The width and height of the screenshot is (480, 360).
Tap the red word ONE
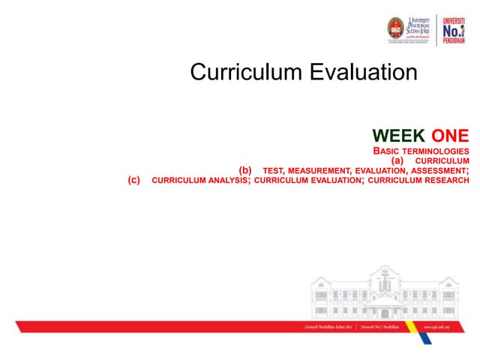pyautogui.click(x=450, y=136)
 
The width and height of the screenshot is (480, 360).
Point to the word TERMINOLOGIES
pyautogui.click(x=435, y=151)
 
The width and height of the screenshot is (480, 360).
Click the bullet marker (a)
pyautogui.click(x=397, y=160)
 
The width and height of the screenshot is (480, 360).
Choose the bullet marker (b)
pyautogui.click(x=245, y=169)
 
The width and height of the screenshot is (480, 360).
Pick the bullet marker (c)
pyautogui.click(x=134, y=179)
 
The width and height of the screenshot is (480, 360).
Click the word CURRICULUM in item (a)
pyautogui.click(x=442, y=160)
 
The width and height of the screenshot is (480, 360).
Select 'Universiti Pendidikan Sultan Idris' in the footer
pyautogui.click(x=329, y=328)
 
